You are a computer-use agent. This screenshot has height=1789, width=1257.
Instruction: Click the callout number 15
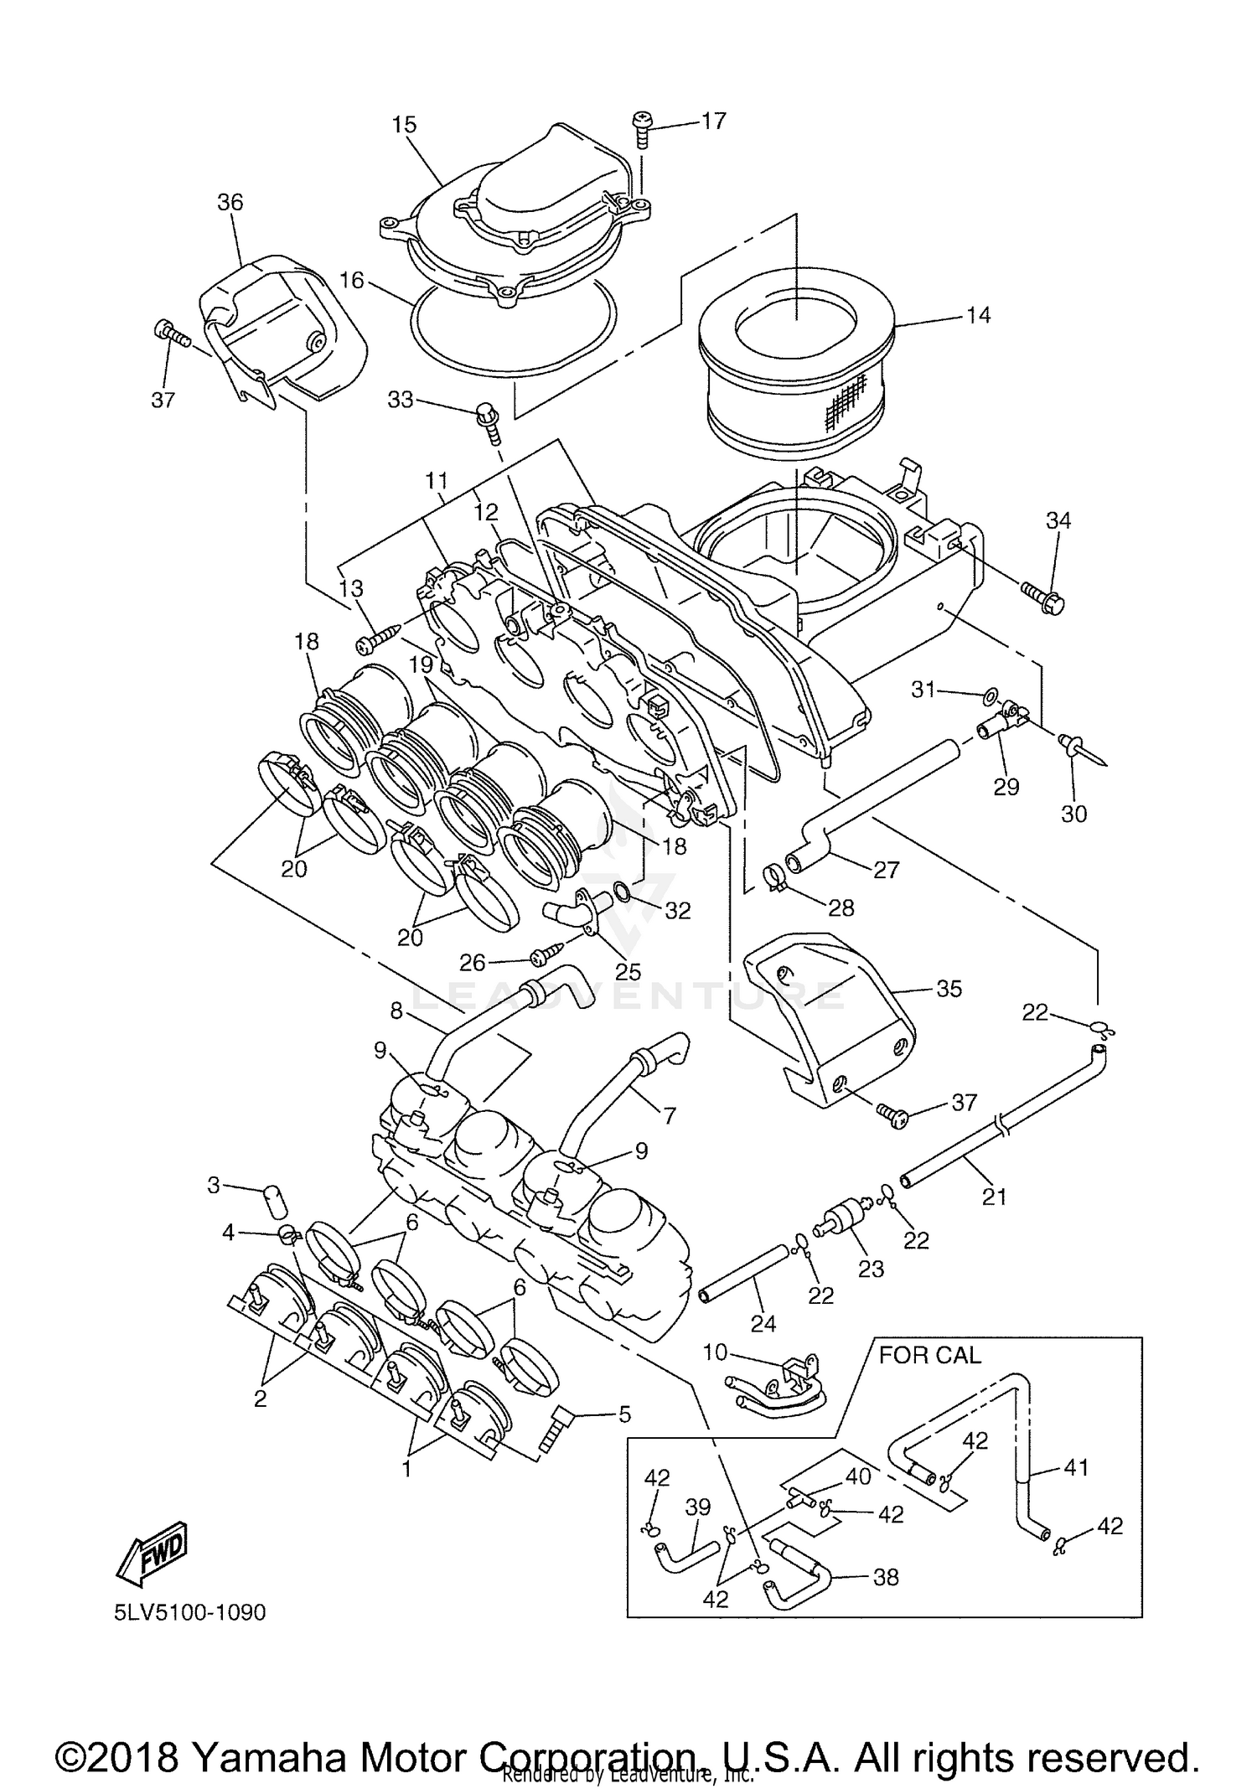pos(404,125)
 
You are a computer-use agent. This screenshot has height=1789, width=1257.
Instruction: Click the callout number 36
pos(230,202)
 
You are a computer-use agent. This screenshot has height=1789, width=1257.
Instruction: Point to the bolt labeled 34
pos(1042,596)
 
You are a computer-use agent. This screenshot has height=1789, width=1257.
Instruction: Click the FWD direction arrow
pos(153,1553)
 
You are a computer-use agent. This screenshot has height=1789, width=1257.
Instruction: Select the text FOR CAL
pos(929,1356)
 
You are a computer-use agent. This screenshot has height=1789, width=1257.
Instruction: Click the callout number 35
pos(949,989)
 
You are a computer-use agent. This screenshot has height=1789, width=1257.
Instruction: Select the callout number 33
pos(401,400)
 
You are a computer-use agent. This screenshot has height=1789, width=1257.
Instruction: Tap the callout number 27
pos(886,870)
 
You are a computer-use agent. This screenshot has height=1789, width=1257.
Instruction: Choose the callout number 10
pos(716,1352)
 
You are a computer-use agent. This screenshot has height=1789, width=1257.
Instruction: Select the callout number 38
pos(886,1577)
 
